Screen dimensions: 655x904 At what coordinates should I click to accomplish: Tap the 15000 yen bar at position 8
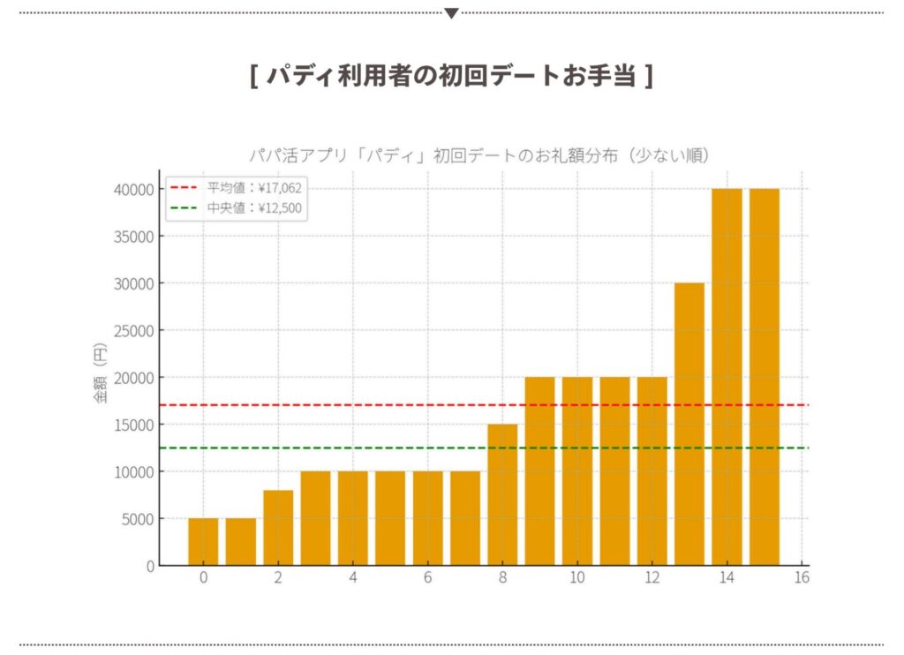(x=502, y=494)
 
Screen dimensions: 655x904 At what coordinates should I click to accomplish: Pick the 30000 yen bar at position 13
(x=689, y=424)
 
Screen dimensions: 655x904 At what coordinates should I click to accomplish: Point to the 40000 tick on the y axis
(x=135, y=189)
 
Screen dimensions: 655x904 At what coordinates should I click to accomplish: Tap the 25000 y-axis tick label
(x=135, y=330)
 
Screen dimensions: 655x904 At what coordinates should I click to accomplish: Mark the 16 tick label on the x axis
(x=802, y=578)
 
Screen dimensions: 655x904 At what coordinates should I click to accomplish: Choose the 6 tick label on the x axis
(x=427, y=578)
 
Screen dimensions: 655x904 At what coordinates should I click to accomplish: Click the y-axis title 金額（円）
(x=100, y=377)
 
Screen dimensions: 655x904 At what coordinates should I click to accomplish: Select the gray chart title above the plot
(x=480, y=155)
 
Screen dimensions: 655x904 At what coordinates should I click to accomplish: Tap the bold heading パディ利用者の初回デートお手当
(x=451, y=76)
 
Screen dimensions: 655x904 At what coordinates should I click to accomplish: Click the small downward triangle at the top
(x=451, y=13)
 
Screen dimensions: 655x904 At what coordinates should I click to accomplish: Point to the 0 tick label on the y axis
(x=150, y=566)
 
